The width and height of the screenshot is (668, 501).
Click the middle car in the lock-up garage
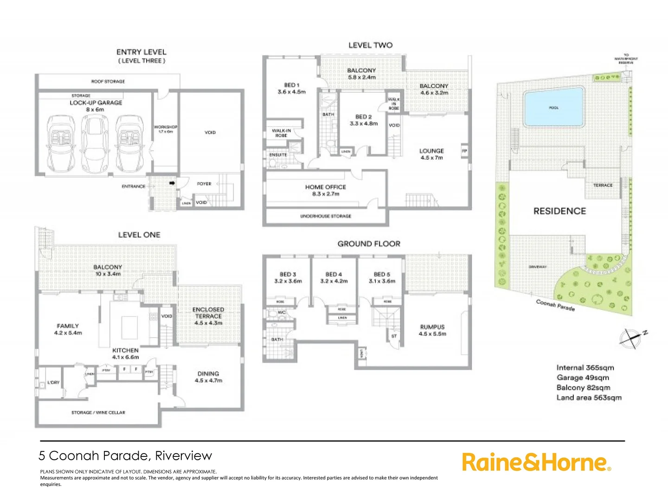click(x=95, y=143)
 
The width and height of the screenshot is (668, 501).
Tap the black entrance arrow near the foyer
click(x=173, y=183)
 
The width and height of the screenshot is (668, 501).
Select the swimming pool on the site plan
click(x=553, y=108)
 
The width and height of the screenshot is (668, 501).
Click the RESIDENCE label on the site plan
click(x=559, y=211)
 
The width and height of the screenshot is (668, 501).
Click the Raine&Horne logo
click(x=536, y=462)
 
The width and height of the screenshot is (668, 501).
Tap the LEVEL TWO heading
click(x=370, y=45)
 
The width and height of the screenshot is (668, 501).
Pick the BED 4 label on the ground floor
click(x=334, y=277)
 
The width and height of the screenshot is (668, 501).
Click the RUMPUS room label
click(x=432, y=330)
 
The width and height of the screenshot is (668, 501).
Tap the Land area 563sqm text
click(x=589, y=398)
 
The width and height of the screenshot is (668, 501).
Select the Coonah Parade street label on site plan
click(x=555, y=305)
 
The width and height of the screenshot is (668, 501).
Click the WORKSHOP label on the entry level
click(x=166, y=128)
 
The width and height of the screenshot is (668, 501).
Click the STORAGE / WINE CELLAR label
click(x=98, y=412)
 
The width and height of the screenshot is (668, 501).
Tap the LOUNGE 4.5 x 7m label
click(x=431, y=154)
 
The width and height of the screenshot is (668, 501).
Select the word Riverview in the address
click(x=183, y=456)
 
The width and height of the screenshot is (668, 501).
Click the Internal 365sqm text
click(x=585, y=367)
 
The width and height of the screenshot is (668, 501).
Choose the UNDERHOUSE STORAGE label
click(x=326, y=216)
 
